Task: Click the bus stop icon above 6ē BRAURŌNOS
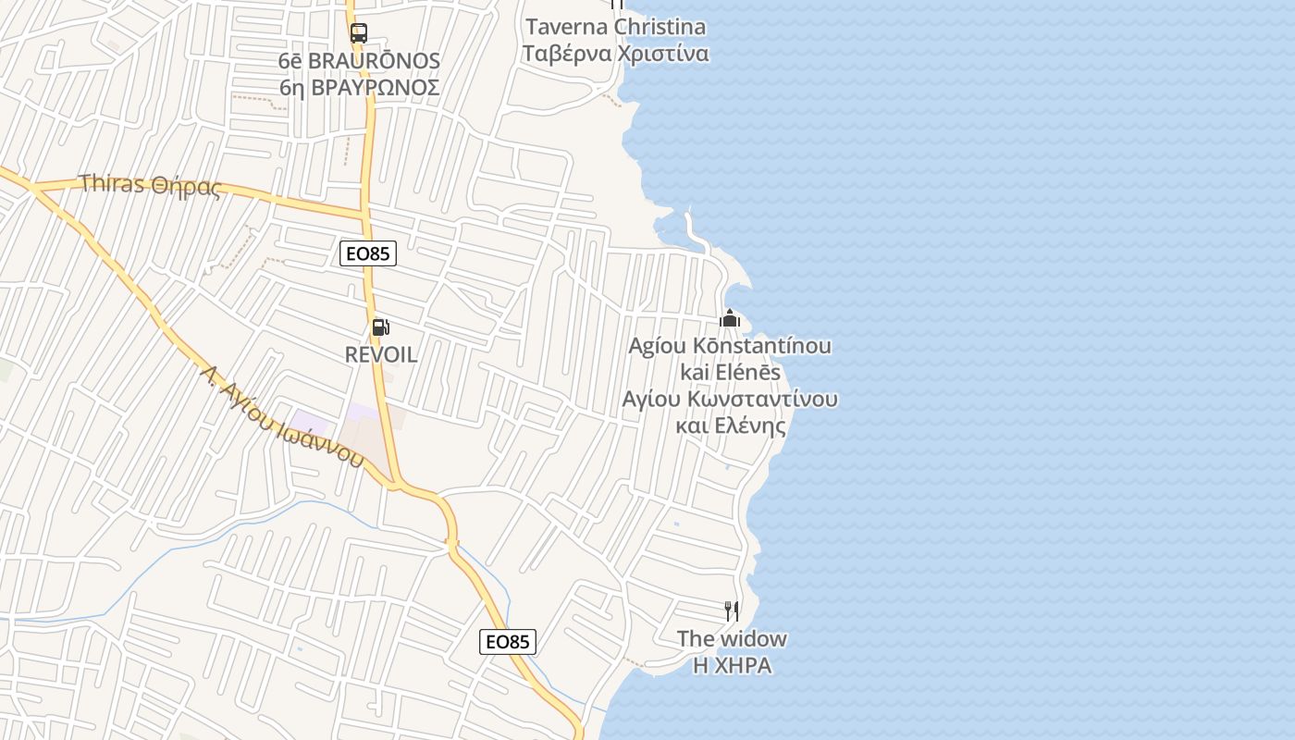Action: click(359, 33)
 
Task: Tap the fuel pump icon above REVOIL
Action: click(379, 327)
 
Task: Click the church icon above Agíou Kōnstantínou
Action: click(730, 319)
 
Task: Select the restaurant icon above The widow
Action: click(732, 611)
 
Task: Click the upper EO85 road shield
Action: click(368, 253)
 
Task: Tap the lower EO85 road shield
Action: click(508, 642)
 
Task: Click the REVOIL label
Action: click(381, 354)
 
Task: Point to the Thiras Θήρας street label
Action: click(151, 185)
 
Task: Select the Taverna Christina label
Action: click(616, 26)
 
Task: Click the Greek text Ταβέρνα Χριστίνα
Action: click(616, 54)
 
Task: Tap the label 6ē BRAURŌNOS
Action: click(359, 61)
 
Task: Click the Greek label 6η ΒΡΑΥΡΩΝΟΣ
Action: click(359, 87)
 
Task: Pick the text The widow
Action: click(732, 638)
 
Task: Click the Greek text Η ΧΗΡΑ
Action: click(732, 665)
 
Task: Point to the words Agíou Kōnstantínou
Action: click(730, 346)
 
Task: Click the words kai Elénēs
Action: click(730, 372)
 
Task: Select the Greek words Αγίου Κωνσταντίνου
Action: click(730, 399)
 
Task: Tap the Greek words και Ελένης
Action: click(730, 425)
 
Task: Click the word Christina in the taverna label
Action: click(660, 26)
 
